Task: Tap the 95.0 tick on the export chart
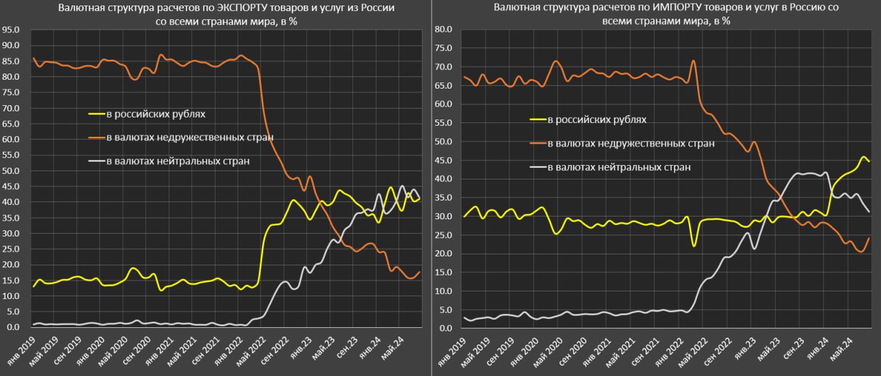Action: [12, 30]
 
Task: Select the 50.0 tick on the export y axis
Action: [12, 170]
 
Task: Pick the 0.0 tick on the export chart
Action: [14, 327]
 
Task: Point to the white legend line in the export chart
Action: [96, 162]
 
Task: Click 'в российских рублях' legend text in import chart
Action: [597, 120]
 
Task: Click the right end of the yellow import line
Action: [869, 161]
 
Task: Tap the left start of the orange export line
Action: [33, 58]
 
